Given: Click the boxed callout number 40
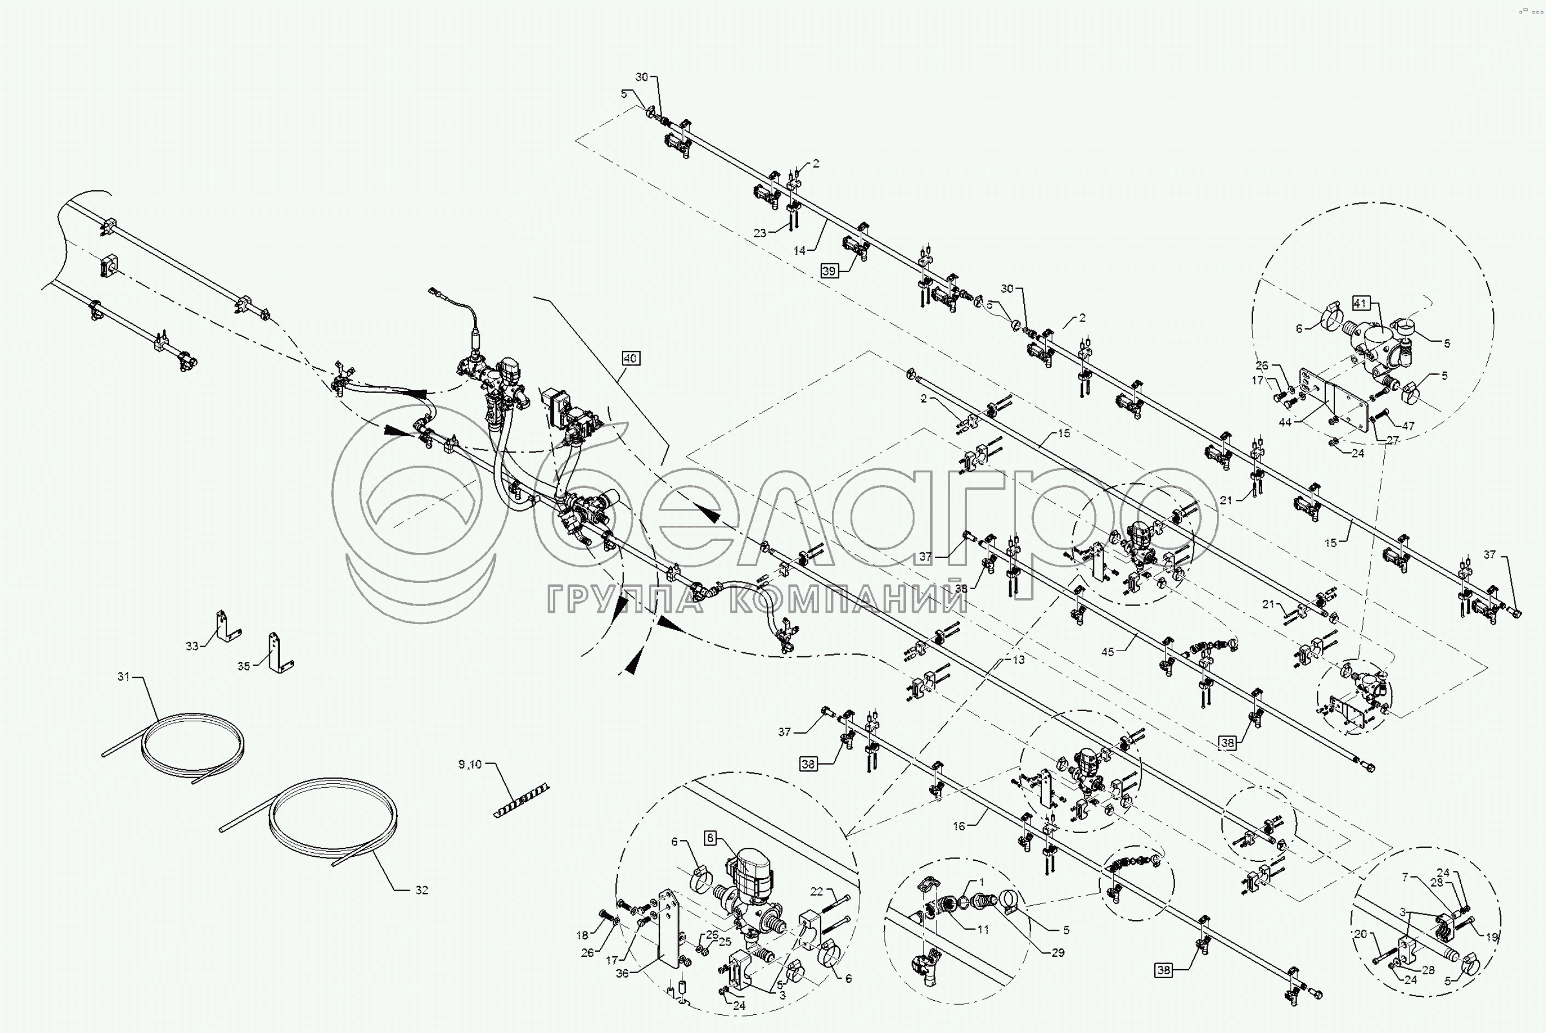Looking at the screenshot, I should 630,359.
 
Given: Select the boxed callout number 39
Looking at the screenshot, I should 829,271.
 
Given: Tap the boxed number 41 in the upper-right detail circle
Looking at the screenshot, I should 1360,303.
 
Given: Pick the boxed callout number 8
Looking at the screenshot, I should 710,838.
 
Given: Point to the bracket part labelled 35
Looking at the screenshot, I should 278,652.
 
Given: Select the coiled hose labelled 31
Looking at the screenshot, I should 191,744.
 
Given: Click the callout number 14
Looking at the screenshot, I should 799,250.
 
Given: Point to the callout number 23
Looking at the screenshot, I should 760,233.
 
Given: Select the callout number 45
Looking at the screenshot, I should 1107,652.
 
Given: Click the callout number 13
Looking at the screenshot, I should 1019,660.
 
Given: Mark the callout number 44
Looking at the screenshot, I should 1285,422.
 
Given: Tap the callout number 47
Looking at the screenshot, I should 1408,426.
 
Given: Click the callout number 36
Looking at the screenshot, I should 622,973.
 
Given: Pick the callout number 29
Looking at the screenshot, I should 1057,952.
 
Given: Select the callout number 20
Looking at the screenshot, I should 1360,934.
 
